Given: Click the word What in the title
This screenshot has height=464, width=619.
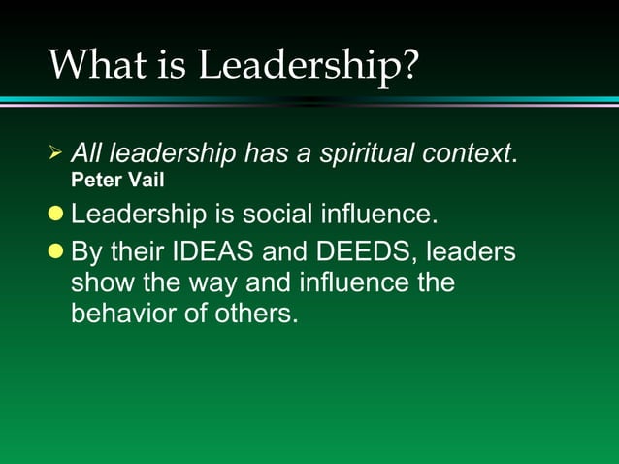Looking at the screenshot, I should (94, 64).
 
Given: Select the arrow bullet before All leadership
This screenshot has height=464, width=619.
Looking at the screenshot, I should (54, 153).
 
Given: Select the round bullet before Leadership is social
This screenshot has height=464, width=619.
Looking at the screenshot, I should (56, 213).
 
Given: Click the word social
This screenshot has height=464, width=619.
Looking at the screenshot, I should (272, 213).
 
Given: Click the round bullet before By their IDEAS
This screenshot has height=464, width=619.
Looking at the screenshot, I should (56, 252).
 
